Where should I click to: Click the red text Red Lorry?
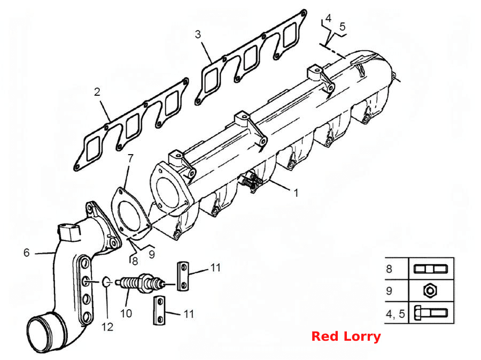346,336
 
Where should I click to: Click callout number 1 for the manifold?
296,193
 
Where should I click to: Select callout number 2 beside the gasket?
97,92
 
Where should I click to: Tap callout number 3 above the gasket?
198,34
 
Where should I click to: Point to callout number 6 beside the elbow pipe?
27,252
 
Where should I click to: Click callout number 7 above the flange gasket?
131,158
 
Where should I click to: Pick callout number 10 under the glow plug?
126,313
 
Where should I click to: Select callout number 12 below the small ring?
107,327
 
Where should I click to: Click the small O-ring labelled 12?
106,281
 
